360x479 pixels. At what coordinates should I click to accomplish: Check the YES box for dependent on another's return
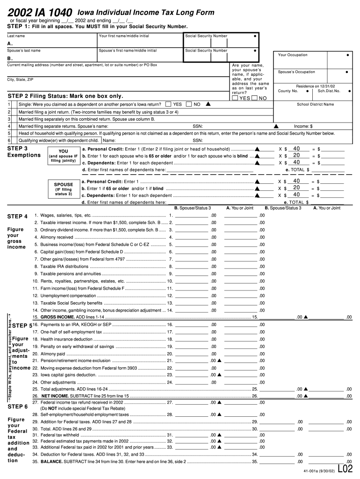coord(169,104)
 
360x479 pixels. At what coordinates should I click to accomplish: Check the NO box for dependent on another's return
coord(189,104)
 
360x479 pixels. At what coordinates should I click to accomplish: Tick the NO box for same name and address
coord(254,98)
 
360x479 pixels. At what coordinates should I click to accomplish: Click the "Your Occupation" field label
coord(293,55)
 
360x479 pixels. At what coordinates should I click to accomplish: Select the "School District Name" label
coord(315,104)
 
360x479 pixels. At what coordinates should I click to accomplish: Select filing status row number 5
coord(9,133)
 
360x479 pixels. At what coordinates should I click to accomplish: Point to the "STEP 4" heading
coord(18,216)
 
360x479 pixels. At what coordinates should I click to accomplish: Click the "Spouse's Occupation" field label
coord(296,72)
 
